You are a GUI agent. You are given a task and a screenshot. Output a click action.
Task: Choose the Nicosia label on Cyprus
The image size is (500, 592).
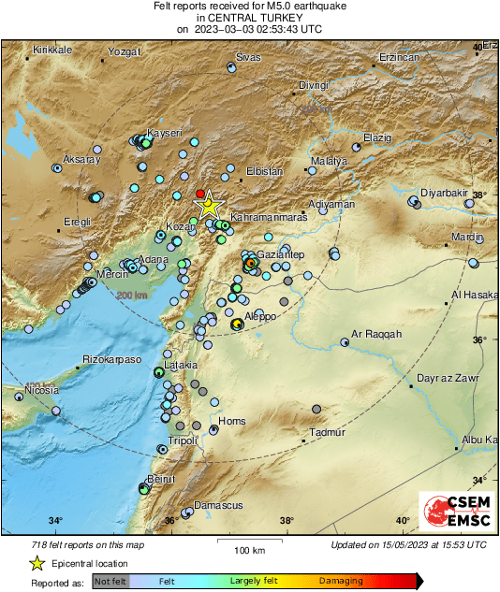pos(42,389)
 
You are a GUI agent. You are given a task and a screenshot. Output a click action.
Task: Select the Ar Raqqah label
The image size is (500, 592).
pos(375,334)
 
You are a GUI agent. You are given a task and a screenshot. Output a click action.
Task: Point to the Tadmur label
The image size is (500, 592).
pos(328,432)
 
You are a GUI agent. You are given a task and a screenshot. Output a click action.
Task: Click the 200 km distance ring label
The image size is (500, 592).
pos(132,296)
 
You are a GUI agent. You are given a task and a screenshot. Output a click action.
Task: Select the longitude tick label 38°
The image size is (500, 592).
pos(287,521)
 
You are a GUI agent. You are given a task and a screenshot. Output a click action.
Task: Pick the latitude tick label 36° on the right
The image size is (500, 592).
pos(478,340)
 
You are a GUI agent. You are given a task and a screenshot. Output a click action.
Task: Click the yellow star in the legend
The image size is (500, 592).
pos(37,563)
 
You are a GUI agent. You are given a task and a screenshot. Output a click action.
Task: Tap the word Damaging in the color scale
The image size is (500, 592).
pos(341,581)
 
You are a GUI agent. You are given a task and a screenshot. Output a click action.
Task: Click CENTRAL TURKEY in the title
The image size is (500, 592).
pos(250,17)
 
